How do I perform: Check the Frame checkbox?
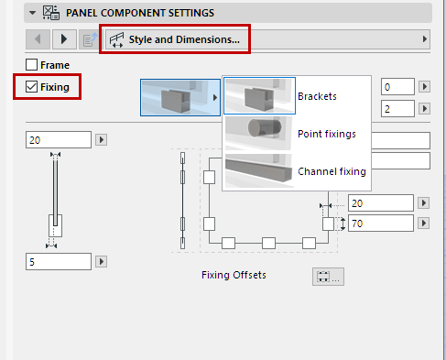pyautogui.click(x=32, y=65)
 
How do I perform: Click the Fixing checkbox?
pyautogui.click(x=32, y=88)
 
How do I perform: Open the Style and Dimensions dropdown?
pyautogui.click(x=266, y=40)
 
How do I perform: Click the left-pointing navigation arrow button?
pyautogui.click(x=39, y=40)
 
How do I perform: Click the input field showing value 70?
pyautogui.click(x=380, y=223)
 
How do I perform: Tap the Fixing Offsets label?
pyautogui.click(x=234, y=275)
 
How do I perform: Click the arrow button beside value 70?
pyautogui.click(x=424, y=223)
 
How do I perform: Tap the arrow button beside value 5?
pyautogui.click(x=102, y=262)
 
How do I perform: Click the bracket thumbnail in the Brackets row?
pyautogui.click(x=259, y=95)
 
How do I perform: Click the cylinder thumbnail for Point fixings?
pyautogui.click(x=259, y=134)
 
